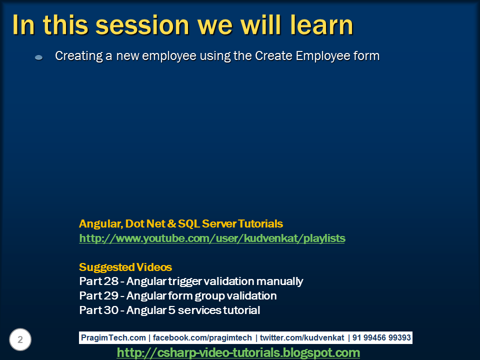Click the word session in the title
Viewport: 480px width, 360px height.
[142, 25]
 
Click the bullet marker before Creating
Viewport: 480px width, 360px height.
[38, 57]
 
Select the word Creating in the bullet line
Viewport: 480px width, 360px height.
[79, 56]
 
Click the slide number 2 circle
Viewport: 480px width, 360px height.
[20, 339]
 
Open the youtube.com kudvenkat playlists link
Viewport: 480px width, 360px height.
[212, 238]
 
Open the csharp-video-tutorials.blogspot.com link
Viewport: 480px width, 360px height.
[238, 352]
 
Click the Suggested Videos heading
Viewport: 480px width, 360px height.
[125, 267]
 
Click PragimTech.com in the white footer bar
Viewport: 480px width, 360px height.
[113, 337]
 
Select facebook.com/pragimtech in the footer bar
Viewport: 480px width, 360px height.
[202, 337]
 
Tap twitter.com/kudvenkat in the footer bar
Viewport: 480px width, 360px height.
[302, 337]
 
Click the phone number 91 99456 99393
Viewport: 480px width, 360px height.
[381, 337]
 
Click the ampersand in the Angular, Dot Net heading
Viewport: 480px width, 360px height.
[172, 224]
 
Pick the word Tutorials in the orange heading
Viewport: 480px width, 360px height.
[260, 224]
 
